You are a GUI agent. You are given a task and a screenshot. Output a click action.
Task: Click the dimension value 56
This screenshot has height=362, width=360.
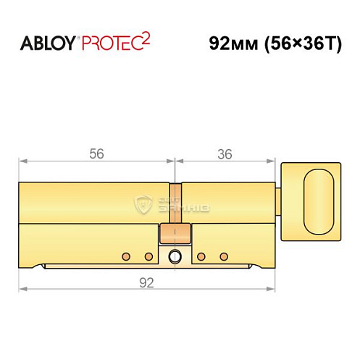[96, 153]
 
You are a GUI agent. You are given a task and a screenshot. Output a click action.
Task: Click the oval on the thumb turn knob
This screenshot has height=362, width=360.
[319, 201]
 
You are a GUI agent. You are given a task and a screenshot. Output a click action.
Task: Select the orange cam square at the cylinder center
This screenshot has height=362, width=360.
[175, 233]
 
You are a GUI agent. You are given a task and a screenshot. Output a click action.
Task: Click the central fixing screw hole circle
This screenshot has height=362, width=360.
[175, 256]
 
